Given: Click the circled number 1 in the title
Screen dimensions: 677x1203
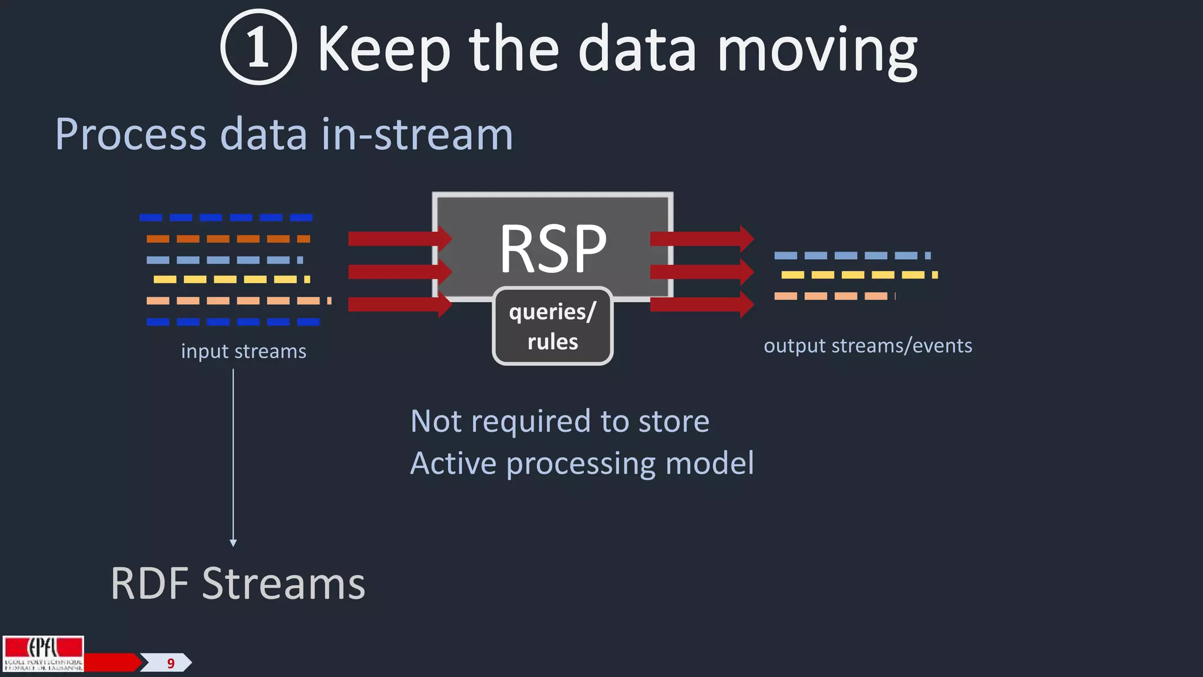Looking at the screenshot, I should click(258, 47).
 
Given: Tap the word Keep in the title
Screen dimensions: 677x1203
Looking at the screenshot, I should click(384, 50).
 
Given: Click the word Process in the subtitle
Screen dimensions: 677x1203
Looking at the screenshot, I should click(130, 134).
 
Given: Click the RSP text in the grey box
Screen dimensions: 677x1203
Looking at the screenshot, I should click(552, 249).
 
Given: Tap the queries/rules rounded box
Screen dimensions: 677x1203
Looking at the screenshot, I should click(552, 326).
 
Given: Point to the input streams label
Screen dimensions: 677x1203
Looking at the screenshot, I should click(243, 351).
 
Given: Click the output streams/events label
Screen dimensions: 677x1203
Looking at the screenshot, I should click(868, 346).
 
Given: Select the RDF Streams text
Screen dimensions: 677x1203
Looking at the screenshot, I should click(237, 584).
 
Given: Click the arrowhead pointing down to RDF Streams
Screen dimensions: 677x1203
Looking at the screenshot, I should click(233, 543).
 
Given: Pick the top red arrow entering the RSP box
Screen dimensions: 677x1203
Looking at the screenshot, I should click(399, 239).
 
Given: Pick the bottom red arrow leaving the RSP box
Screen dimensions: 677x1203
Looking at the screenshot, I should click(701, 304).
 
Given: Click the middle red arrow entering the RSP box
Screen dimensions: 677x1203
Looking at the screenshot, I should click(399, 272).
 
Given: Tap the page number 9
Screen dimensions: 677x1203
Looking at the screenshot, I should click(170, 663).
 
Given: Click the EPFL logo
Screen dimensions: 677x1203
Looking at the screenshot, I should click(43, 653).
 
